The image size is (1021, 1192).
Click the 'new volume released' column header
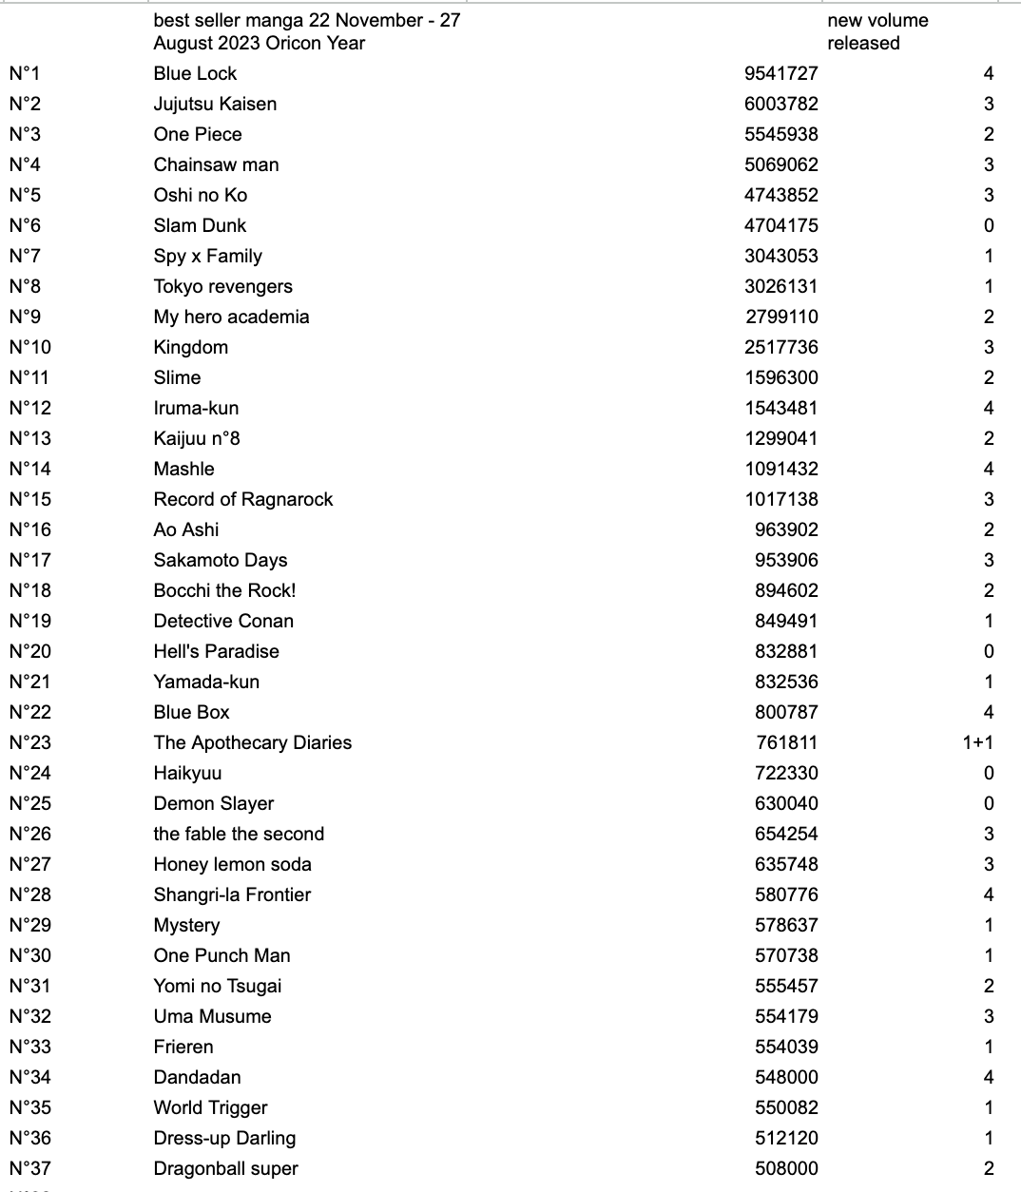pyautogui.click(x=877, y=31)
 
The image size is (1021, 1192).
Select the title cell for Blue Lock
pyautogui.click(x=195, y=73)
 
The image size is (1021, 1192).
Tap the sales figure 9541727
pyautogui.click(x=780, y=73)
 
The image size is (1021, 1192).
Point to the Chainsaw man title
pyautogui.click(x=216, y=164)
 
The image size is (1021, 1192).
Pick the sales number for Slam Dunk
pyautogui.click(x=780, y=225)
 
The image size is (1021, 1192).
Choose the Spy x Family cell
pyautogui.click(x=207, y=256)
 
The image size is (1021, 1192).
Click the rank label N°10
pyautogui.click(x=30, y=347)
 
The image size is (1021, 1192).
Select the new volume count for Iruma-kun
pyautogui.click(x=989, y=408)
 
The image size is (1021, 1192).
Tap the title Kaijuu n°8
pyautogui.click(x=197, y=438)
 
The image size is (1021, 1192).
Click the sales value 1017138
pyautogui.click(x=780, y=499)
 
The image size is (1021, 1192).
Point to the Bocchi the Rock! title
pyautogui.click(x=224, y=590)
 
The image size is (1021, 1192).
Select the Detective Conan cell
pyautogui.click(x=223, y=621)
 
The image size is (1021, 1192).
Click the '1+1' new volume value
pyautogui.click(x=977, y=742)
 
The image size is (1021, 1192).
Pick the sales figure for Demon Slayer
pyautogui.click(x=786, y=803)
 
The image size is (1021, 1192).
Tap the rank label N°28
pyautogui.click(x=30, y=894)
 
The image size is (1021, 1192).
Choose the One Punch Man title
pyautogui.click(x=222, y=955)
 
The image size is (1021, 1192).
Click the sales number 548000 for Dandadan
pyautogui.click(x=786, y=1077)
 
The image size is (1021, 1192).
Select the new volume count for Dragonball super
pyautogui.click(x=989, y=1168)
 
